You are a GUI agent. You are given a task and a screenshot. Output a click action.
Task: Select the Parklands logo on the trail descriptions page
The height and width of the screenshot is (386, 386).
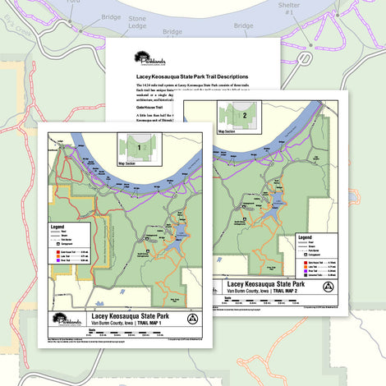[x=153, y=61]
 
